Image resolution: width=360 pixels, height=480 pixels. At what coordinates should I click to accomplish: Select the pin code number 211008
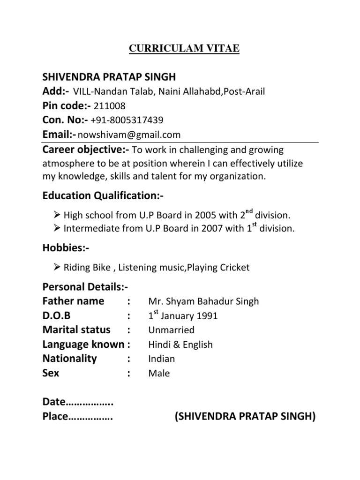(x=110, y=105)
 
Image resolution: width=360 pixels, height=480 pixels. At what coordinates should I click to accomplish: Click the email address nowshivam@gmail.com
(x=129, y=135)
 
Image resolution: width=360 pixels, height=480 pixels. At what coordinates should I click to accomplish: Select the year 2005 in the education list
(x=203, y=216)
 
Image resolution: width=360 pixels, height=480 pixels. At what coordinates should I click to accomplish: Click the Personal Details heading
(x=85, y=287)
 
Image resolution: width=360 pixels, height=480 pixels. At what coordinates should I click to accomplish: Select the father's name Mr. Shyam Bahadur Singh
(x=203, y=301)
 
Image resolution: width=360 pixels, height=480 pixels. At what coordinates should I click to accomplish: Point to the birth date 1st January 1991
(x=183, y=315)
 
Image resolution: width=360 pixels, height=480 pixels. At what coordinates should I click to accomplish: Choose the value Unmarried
(x=171, y=330)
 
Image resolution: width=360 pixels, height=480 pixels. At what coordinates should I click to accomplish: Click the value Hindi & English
(x=180, y=345)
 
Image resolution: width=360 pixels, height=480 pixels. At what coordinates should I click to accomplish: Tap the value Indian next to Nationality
(x=161, y=359)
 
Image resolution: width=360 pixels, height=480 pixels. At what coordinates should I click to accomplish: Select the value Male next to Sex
(x=159, y=374)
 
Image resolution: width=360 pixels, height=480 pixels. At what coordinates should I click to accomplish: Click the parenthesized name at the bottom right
(x=245, y=417)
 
